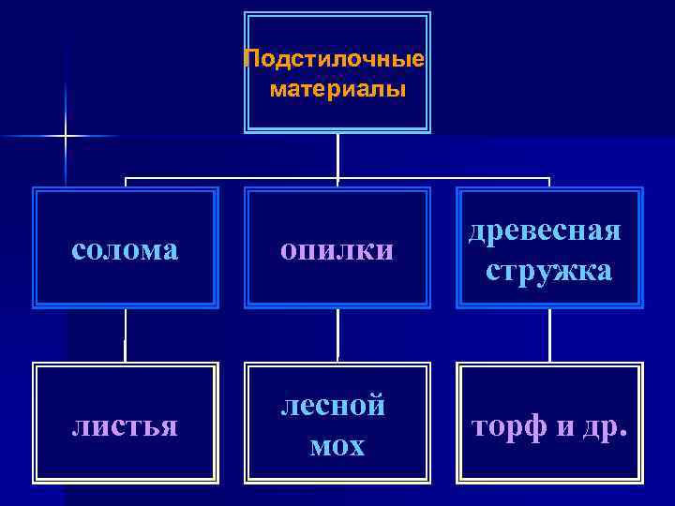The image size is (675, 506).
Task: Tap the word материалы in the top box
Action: point(337,91)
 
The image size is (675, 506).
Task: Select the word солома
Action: point(125,249)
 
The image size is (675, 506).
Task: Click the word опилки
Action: point(337,249)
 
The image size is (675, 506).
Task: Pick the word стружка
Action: point(549,271)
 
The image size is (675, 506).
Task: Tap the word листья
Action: point(125,426)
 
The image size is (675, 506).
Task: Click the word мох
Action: point(337,446)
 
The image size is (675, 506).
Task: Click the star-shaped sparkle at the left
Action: point(66,137)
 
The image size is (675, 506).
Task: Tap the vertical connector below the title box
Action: point(337,155)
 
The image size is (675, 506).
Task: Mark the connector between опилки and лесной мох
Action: point(337,335)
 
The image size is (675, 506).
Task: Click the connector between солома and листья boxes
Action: point(125,335)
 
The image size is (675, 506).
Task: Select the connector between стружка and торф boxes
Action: point(549,335)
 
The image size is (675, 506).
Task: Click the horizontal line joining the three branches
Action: point(234,178)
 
